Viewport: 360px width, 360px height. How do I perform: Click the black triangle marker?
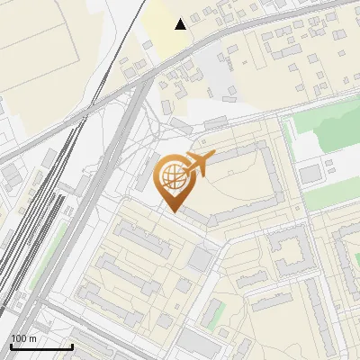(x=181, y=23)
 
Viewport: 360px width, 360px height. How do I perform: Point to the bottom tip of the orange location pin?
(x=171, y=211)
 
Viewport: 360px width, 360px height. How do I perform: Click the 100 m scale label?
(x=23, y=338)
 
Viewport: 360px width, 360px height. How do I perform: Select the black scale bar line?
(x=41, y=346)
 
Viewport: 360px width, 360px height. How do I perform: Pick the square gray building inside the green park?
(x=310, y=173)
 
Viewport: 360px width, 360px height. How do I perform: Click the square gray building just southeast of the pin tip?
(x=200, y=260)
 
